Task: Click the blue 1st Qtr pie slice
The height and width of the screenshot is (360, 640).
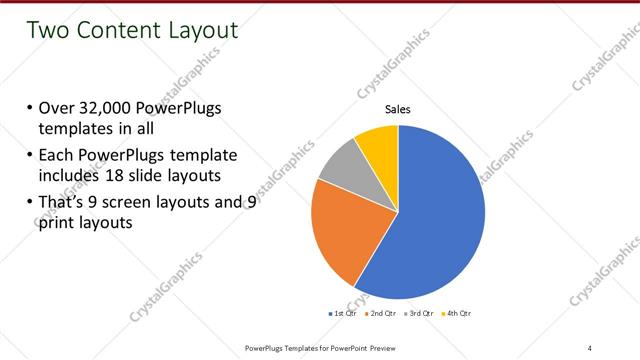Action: click(440, 210)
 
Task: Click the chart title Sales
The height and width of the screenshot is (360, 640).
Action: click(398, 109)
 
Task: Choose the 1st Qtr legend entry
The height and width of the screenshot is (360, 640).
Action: click(345, 314)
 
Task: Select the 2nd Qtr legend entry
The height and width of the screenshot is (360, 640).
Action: click(381, 314)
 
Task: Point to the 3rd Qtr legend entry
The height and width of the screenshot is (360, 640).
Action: click(419, 314)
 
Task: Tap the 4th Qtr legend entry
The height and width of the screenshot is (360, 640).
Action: click(456, 314)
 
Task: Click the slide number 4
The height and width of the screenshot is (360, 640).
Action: click(590, 346)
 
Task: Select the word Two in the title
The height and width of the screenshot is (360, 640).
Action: click(49, 31)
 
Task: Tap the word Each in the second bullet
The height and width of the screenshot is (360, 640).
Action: click(58, 156)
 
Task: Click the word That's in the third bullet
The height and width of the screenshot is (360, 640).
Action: click(64, 203)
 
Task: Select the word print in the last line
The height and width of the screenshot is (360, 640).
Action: click(59, 223)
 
